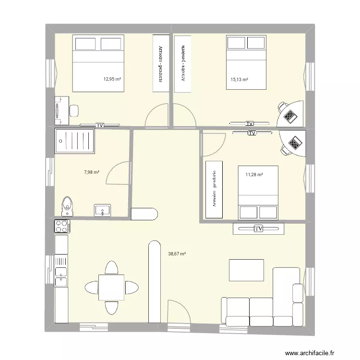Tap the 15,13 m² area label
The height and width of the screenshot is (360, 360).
point(239,79)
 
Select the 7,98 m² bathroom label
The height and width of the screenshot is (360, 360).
point(91,172)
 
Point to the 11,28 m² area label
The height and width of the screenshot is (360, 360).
point(254,175)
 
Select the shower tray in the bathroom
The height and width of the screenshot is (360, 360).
point(75,140)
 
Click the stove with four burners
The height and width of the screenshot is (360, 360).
point(62,226)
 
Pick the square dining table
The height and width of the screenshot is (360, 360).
point(111,287)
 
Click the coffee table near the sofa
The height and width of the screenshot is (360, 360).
point(246,270)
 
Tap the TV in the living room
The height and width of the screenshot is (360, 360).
point(259,228)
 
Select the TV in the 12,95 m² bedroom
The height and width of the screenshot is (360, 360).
point(100,125)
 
